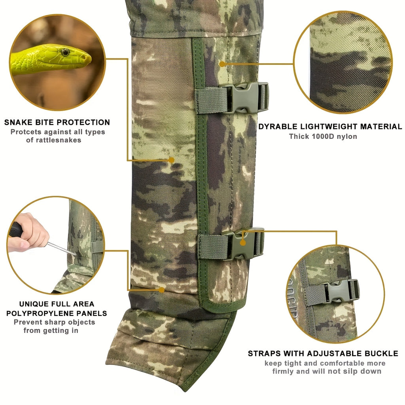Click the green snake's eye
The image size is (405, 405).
tap(65, 53)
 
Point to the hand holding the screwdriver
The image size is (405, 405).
tap(28, 233)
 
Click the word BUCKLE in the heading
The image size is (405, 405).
tap(381, 353)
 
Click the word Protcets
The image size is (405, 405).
tap(26, 132)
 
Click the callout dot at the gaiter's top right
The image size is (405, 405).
tap(222, 64)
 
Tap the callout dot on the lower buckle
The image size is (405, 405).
tap(242, 243)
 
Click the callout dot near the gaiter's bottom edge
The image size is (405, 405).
tap(161, 290)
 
